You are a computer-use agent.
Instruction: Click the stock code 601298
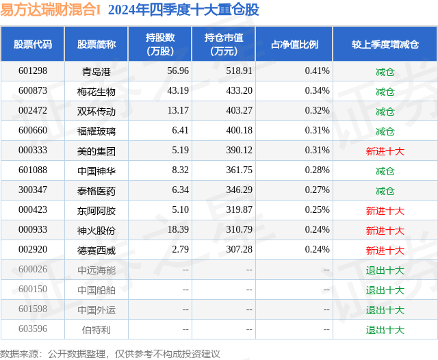pos(33,71)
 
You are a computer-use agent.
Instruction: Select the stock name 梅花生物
pos(96,91)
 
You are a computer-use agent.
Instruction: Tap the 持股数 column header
pos(160,44)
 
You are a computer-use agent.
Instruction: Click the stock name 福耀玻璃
pos(96,131)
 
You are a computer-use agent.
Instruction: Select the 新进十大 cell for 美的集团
pos(385,151)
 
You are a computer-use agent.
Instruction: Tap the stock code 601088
pos(33,170)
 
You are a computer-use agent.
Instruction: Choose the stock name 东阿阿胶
pos(96,210)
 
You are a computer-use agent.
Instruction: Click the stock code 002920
pos(33,250)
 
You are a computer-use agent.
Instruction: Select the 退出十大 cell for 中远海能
pos(385,270)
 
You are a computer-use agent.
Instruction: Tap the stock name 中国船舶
pos(96,290)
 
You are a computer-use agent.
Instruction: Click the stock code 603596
pos(33,329)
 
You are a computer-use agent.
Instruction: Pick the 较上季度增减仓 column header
pos(385,44)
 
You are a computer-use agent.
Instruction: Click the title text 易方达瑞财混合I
pos(51,10)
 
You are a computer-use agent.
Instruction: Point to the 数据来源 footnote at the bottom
pos(109,353)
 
